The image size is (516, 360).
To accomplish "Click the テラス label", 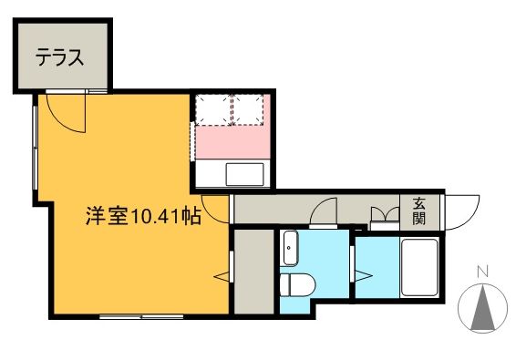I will pos(60,57).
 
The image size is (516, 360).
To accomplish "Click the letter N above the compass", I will pos(485,271).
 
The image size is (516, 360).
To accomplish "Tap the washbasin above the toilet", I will pos(290,248).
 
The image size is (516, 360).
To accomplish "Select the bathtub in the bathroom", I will pos(420,271).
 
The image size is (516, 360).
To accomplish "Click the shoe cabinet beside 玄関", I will pos(384,216).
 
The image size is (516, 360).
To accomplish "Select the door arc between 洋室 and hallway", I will pos(215,211).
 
